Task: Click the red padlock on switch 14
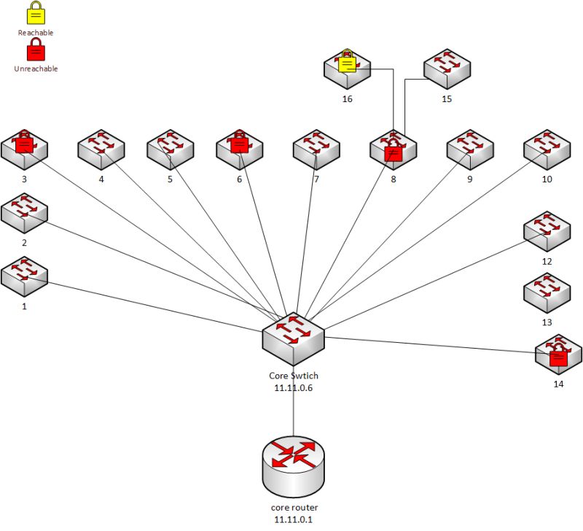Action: point(558,357)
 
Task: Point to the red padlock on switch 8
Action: point(394,151)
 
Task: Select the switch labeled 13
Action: point(547,293)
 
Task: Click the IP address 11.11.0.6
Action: point(294,388)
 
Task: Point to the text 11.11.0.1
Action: point(294,519)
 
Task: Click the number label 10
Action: point(547,179)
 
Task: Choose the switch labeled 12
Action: point(547,232)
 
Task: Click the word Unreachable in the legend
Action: point(35,69)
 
